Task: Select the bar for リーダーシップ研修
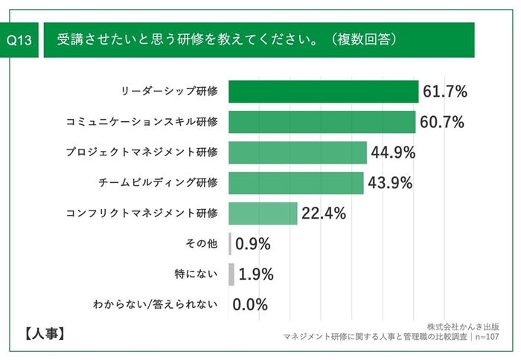(x=324, y=91)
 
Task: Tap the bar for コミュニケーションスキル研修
(x=322, y=122)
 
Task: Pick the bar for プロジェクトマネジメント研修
(x=298, y=152)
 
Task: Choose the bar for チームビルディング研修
(x=296, y=183)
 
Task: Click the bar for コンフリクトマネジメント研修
(x=263, y=213)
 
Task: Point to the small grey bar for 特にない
(x=231, y=274)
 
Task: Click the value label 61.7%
(x=445, y=92)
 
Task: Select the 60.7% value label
(x=442, y=122)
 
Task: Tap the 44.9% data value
(x=393, y=152)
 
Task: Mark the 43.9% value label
(x=390, y=183)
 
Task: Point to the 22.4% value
(x=324, y=213)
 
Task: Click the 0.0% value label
(x=250, y=304)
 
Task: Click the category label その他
(x=199, y=243)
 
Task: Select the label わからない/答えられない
(x=155, y=304)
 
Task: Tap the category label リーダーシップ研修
(x=170, y=91)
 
